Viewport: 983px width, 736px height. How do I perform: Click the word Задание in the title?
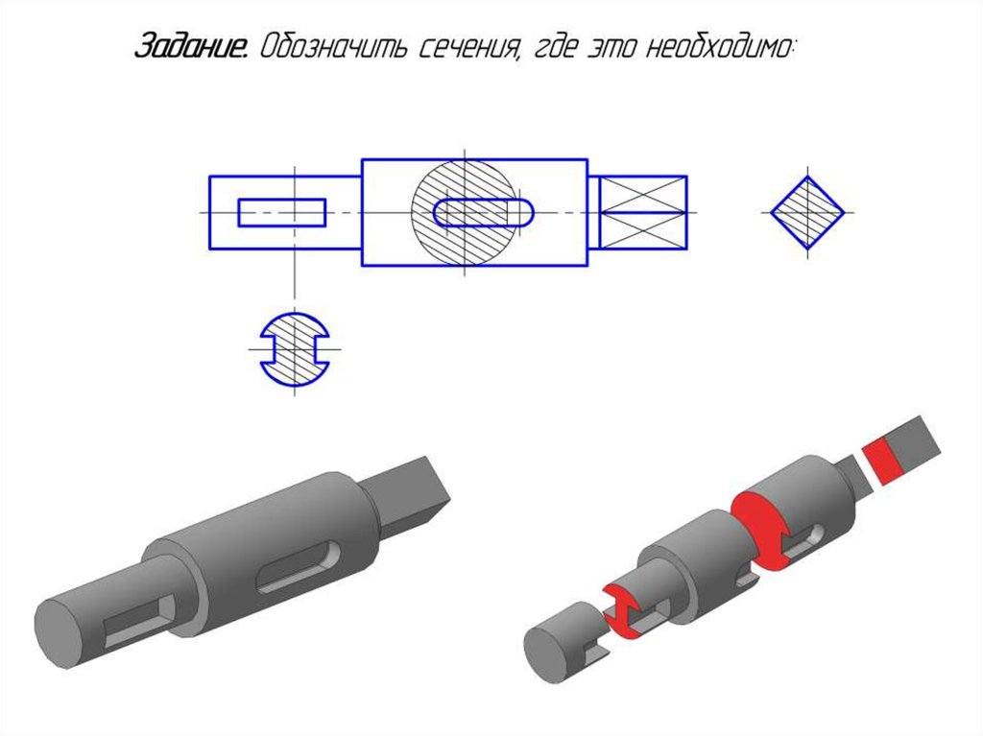pos(191,46)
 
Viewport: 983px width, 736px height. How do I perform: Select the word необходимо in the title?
pos(718,47)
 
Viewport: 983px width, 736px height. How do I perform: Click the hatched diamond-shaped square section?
pos(807,212)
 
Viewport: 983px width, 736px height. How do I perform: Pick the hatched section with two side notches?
pos(295,349)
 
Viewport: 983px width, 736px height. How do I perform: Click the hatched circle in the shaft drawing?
pos(465,212)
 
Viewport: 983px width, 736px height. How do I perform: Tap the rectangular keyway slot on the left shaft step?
pos(282,212)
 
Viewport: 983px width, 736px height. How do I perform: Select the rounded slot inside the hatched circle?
pos(484,212)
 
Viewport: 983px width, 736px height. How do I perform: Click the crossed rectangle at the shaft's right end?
pos(643,212)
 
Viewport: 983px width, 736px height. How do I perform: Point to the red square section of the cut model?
pos(882,462)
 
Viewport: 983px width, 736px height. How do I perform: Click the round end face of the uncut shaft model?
pos(60,633)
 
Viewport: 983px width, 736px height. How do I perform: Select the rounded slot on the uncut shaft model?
pos(300,567)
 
